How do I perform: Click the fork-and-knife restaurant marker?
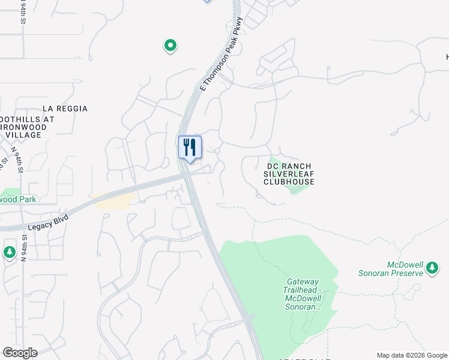tap(190, 147)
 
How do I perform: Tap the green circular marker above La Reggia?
tap(170, 45)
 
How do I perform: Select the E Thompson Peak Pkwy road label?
tap(222, 55)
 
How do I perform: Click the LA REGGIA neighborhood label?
tap(65, 109)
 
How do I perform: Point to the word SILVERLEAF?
tap(290, 173)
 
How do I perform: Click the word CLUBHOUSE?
tap(290, 181)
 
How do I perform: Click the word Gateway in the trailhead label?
tap(303, 282)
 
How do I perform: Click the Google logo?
tap(20, 352)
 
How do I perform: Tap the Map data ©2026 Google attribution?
tap(411, 355)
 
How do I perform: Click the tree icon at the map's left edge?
tap(9, 251)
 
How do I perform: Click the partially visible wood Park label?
tap(18, 199)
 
